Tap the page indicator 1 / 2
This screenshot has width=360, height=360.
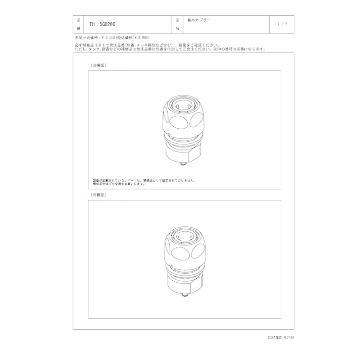(x=282, y=24)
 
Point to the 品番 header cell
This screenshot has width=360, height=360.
(x=78, y=24)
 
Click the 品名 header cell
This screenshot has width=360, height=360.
(x=177, y=24)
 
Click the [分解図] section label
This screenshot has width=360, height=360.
(x=98, y=65)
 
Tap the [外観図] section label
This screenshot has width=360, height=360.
(x=98, y=194)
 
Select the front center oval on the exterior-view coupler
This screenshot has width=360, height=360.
(x=182, y=254)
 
